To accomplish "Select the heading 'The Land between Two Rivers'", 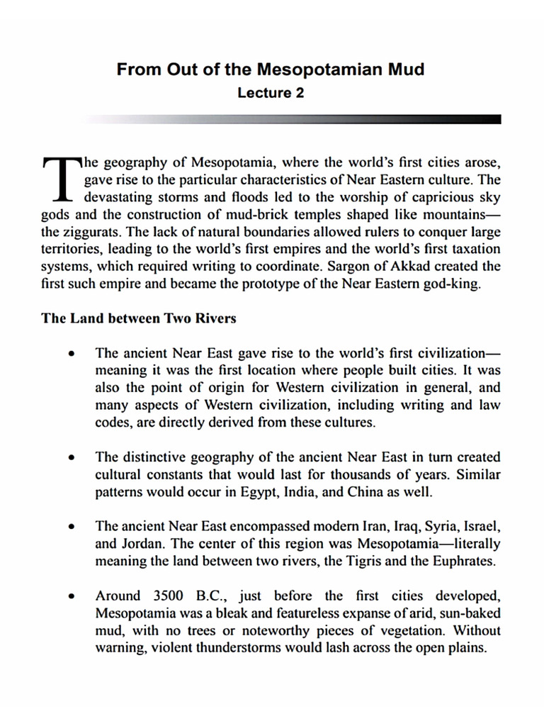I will pos(139,318).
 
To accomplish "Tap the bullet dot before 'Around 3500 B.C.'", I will pos(71,596).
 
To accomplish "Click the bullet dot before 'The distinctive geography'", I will pos(71,457).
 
